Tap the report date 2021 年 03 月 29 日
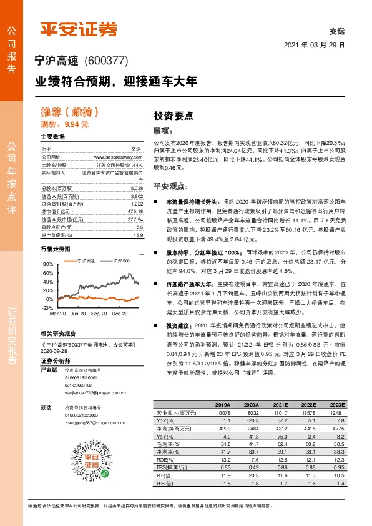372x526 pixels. click(315, 46)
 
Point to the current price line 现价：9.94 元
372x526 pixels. click(65, 124)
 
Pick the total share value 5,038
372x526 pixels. click(136, 188)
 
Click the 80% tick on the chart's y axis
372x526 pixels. click(49, 264)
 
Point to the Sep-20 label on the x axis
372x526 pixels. click(99, 297)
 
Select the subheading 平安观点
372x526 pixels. click(170, 187)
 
